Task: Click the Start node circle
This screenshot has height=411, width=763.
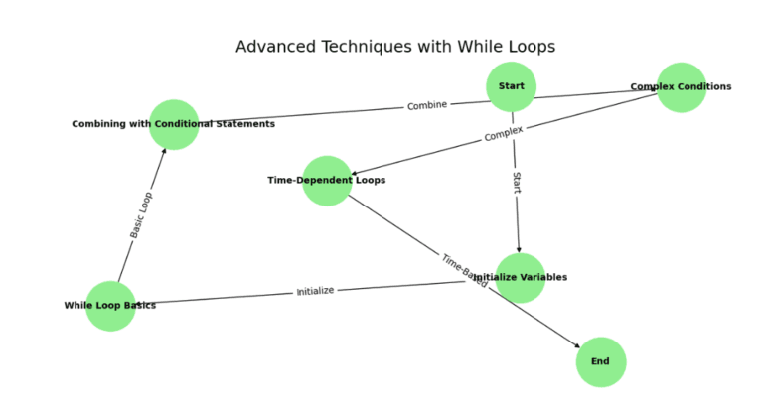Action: (x=512, y=86)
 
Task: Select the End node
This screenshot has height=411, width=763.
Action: (x=600, y=361)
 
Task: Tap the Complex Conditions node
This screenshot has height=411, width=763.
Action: (x=681, y=87)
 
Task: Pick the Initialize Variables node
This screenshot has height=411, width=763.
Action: (x=520, y=277)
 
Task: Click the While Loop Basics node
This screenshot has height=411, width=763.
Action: (x=110, y=305)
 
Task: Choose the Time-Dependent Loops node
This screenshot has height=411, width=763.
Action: (x=327, y=181)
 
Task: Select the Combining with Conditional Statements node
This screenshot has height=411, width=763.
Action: (x=174, y=124)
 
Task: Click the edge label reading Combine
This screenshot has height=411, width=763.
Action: (x=427, y=105)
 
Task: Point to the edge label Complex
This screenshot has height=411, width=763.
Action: (x=504, y=134)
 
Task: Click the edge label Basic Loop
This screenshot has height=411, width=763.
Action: (x=142, y=215)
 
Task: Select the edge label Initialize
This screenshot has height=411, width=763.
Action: (x=315, y=291)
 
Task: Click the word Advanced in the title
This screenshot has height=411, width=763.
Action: (x=274, y=47)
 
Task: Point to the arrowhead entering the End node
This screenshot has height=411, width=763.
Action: (x=577, y=344)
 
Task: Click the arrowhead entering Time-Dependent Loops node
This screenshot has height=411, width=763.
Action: (x=355, y=174)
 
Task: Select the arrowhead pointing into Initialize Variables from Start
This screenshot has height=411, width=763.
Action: (x=519, y=249)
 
